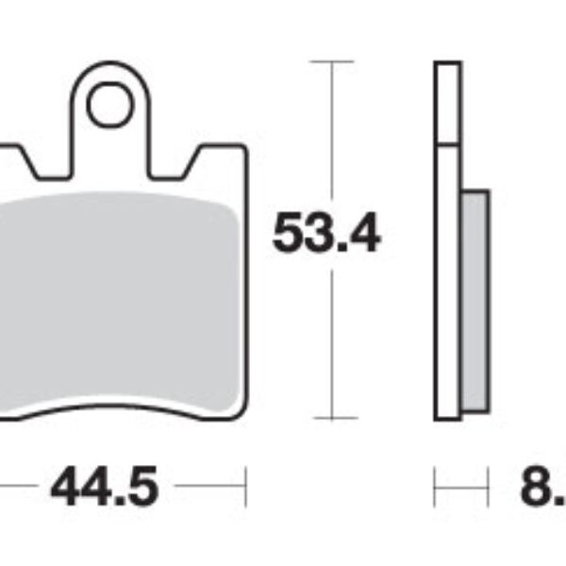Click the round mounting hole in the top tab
click(111, 106)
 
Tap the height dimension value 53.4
click(326, 233)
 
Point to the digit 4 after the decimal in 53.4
click(362, 233)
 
